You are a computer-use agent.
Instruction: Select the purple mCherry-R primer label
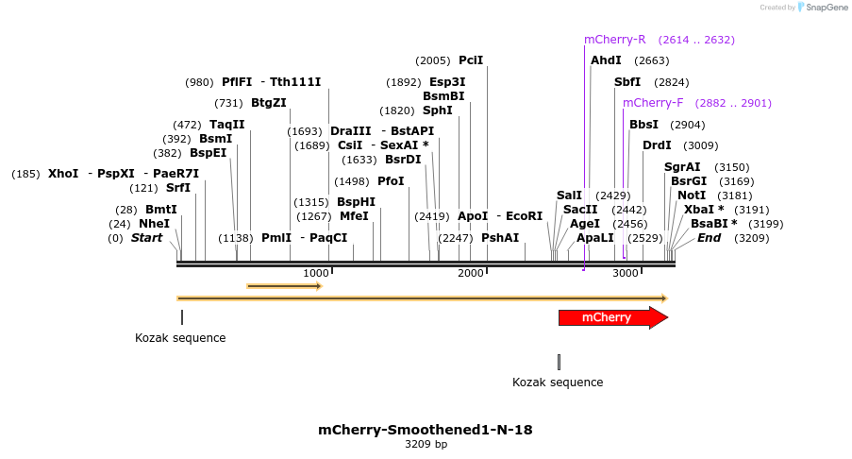point(614,40)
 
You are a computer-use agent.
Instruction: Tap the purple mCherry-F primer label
point(653,103)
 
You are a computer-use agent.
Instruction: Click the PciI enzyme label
point(471,60)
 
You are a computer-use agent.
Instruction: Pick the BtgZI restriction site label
point(268,103)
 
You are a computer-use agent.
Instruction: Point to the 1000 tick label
point(316,273)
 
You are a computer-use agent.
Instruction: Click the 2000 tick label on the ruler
point(470,273)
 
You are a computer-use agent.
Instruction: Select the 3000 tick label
point(626,273)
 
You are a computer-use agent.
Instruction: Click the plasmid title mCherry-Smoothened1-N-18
point(425,430)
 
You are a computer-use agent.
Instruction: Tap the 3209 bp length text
point(426,444)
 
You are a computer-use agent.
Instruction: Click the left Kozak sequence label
point(180,338)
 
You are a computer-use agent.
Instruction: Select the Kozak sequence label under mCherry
point(558,382)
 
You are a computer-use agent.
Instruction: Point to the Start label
point(146,238)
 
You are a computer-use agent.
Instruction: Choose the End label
point(709,238)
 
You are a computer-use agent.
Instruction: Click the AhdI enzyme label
point(606,60)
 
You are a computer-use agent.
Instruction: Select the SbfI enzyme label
point(627,82)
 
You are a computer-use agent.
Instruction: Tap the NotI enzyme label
point(691,195)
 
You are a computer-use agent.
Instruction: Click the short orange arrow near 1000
point(284,285)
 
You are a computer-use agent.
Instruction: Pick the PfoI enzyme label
point(391,181)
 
